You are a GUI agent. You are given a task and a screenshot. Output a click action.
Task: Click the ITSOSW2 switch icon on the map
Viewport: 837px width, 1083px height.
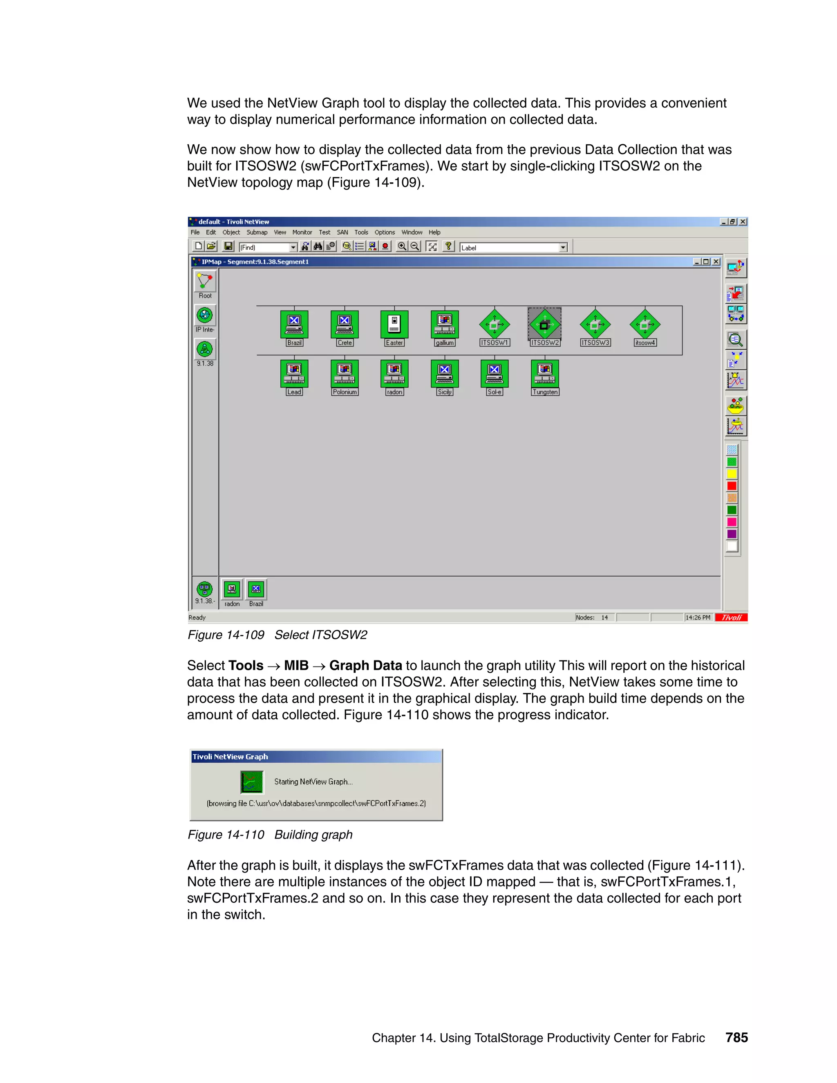coord(544,324)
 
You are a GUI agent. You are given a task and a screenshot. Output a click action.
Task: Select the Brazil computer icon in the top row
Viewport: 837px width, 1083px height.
coord(294,324)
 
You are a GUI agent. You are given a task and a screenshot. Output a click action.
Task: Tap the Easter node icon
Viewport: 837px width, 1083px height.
coord(394,324)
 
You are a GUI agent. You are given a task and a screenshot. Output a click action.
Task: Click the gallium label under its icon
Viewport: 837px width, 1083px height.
coord(444,342)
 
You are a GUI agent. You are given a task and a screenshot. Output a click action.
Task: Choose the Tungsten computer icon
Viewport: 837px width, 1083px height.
coord(544,373)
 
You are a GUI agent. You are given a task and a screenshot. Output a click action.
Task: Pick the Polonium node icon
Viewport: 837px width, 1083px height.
coord(344,373)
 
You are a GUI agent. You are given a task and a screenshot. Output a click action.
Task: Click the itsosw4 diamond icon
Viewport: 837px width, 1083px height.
coord(645,324)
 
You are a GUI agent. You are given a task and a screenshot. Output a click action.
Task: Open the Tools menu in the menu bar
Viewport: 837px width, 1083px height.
coord(361,232)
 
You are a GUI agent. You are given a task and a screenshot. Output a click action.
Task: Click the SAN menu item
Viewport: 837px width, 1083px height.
coord(342,232)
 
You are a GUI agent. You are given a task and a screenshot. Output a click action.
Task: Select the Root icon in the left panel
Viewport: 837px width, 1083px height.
coord(205,282)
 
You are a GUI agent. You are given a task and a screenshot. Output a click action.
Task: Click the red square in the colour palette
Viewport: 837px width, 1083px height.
coord(732,486)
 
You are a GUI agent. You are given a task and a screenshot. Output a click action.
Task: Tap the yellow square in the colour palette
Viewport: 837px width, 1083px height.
coord(732,474)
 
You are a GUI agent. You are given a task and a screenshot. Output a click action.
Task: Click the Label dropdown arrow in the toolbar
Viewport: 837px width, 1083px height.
coord(563,247)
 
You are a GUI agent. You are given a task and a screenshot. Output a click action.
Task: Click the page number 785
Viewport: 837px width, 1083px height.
coord(736,1037)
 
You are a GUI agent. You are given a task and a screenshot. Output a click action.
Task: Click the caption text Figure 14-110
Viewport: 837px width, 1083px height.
coord(226,835)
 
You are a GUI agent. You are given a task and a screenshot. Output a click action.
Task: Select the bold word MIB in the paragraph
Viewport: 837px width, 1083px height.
coord(296,665)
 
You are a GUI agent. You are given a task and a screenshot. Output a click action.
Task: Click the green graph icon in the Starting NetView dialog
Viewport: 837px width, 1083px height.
coord(252,782)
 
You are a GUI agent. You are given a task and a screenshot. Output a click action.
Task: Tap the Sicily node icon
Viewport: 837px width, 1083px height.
coord(444,373)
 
